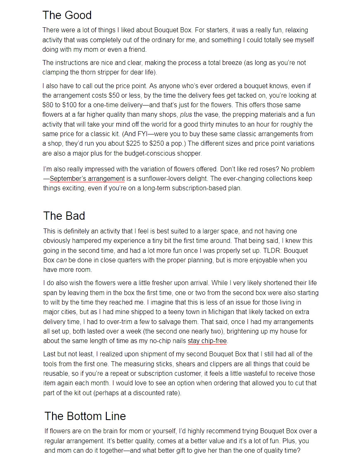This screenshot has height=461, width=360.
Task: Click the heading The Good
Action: click(x=67, y=15)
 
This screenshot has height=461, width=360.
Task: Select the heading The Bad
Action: click(x=64, y=216)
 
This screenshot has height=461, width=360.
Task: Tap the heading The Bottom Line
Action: click(x=85, y=416)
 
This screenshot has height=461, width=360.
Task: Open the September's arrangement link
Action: click(x=87, y=179)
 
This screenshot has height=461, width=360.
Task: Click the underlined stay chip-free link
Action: click(x=207, y=341)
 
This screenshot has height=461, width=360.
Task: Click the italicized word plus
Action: click(x=186, y=115)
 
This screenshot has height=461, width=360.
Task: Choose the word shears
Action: click(x=193, y=364)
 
